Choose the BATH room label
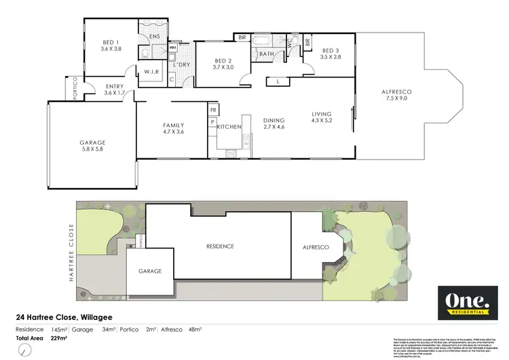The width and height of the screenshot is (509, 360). pyautogui.click(x=266, y=54)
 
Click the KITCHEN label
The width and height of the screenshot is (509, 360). pyautogui.click(x=229, y=127)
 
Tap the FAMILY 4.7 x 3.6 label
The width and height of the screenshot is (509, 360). pyautogui.click(x=172, y=129)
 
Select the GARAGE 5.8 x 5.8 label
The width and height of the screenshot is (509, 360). pyautogui.click(x=92, y=147)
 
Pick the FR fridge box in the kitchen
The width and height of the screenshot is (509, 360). pyautogui.click(x=212, y=109)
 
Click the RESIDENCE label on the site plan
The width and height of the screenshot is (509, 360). pyautogui.click(x=221, y=246)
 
